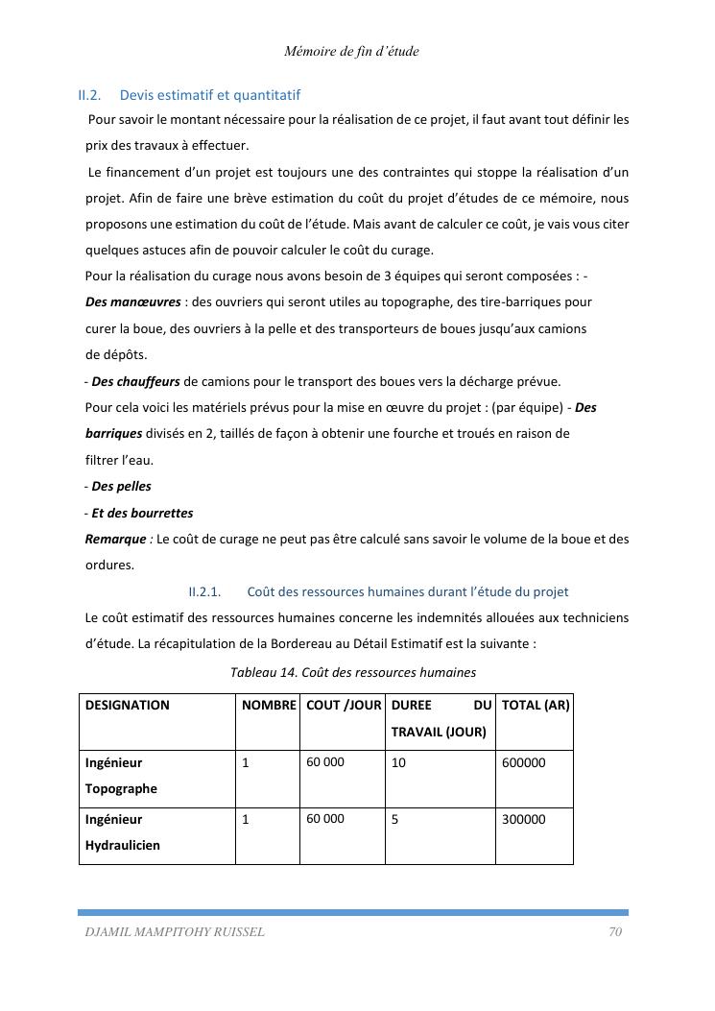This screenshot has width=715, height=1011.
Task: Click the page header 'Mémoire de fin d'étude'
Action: click(x=351, y=52)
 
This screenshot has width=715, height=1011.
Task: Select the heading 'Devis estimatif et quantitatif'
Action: click(x=210, y=95)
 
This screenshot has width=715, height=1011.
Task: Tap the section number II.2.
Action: click(x=89, y=95)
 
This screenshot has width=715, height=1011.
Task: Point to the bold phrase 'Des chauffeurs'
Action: click(x=135, y=381)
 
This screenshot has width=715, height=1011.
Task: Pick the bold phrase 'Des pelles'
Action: click(x=121, y=486)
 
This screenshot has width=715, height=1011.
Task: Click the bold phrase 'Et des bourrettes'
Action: click(x=142, y=513)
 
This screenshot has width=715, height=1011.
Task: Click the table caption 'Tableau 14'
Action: click(x=263, y=672)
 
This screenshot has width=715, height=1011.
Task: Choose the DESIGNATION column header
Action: click(x=128, y=705)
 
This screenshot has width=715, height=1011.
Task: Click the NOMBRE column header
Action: click(x=269, y=705)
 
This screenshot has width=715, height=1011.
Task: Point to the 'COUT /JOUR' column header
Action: click(x=344, y=705)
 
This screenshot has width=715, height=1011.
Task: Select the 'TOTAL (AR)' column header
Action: click(x=536, y=705)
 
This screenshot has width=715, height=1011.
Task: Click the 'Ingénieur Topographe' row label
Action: click(x=121, y=776)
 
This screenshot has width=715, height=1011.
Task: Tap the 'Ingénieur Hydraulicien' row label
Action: click(x=123, y=832)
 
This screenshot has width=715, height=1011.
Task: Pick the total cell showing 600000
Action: click(x=524, y=762)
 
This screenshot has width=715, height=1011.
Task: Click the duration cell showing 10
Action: click(x=398, y=762)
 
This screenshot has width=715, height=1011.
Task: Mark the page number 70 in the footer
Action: click(x=615, y=931)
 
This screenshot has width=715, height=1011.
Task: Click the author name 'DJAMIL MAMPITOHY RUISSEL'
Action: click(x=175, y=931)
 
